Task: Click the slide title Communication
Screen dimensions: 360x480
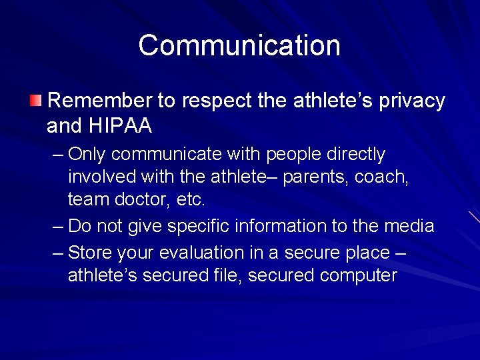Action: point(239,45)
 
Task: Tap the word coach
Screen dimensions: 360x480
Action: point(385,178)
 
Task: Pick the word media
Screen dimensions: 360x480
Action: point(409,226)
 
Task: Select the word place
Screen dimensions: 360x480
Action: point(367,253)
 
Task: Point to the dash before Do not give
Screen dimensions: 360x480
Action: point(58,226)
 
